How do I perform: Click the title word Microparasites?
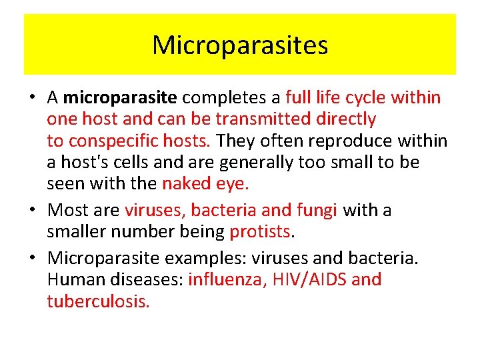click(x=240, y=45)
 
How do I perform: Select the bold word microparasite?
click(x=120, y=97)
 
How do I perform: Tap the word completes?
click(x=223, y=97)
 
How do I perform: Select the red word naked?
click(x=186, y=184)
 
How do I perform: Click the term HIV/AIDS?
click(x=307, y=279)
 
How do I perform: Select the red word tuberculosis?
click(x=98, y=301)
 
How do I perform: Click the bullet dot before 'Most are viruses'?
click(x=31, y=211)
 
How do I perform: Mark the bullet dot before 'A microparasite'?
click(x=31, y=98)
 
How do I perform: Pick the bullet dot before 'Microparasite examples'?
click(x=31, y=258)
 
